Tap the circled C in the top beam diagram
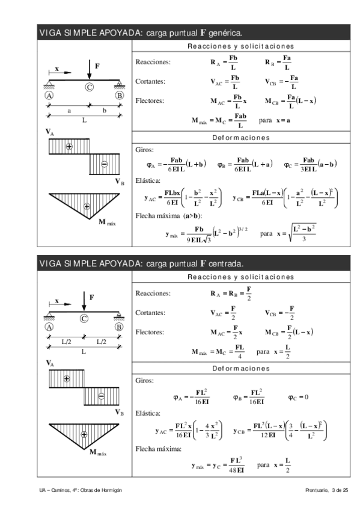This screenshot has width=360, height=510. point(89,87)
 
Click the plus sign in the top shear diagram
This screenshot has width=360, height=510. point(69,146)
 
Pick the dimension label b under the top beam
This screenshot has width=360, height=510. point(105,111)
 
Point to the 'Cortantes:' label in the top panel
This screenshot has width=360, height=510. point(150,81)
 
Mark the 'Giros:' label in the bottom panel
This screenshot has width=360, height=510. point(145,381)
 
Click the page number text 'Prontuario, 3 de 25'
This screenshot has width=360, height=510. point(327,491)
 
